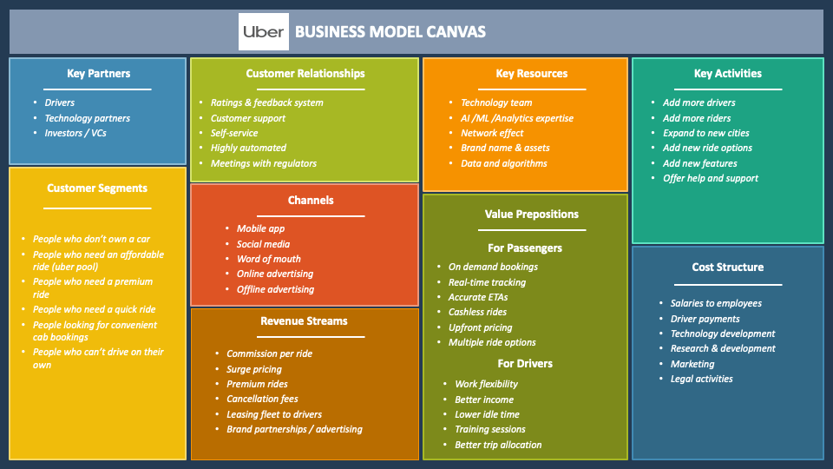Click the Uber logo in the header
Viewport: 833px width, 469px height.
[262, 32]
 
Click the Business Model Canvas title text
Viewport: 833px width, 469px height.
[390, 32]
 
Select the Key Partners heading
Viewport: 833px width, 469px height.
[98, 74]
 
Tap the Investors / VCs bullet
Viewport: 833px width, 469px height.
[75, 133]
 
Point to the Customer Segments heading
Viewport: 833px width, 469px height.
[97, 188]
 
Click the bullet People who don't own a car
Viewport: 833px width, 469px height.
[91, 239]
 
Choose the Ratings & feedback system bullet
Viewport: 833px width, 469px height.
[266, 102]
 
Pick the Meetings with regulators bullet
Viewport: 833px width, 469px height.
[263, 163]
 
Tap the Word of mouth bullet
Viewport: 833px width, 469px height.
[269, 259]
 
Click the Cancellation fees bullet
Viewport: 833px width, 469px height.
[262, 400]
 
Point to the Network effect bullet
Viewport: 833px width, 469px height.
[492, 133]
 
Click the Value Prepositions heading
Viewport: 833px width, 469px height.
[531, 215]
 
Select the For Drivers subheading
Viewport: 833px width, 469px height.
[525, 364]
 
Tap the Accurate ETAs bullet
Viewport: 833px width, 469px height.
[478, 298]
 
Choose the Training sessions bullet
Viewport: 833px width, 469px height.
[490, 430]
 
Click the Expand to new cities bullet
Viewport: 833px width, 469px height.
[705, 133]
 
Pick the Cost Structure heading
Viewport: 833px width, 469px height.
[727, 268]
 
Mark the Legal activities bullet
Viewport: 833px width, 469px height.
[701, 379]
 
